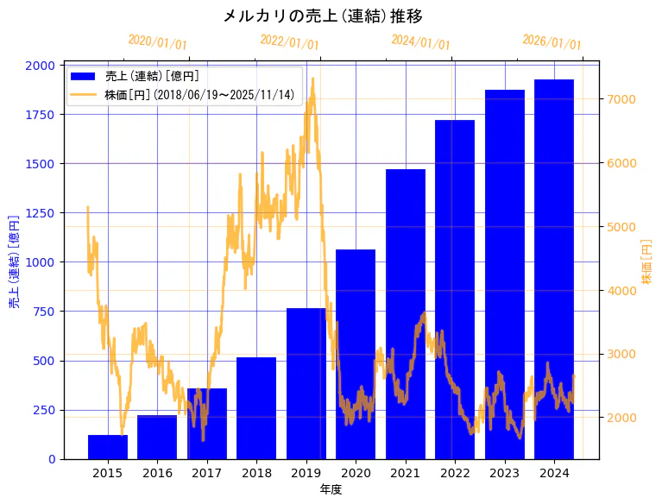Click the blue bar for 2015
[x=108, y=447]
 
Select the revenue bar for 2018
[x=256, y=408]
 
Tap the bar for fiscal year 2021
[x=405, y=314]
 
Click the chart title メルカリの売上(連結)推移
[x=323, y=16]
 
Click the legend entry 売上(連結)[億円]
[x=151, y=76]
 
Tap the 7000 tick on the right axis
[x=622, y=99]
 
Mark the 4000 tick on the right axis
[x=622, y=291]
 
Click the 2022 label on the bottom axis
[x=455, y=473]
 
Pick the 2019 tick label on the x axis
[x=306, y=473]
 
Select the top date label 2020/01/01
[x=157, y=42]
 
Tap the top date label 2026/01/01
[x=552, y=42]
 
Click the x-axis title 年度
[x=331, y=489]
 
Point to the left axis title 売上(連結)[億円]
[x=14, y=261]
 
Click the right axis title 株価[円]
[x=647, y=261]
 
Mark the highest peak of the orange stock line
[x=312, y=79]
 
